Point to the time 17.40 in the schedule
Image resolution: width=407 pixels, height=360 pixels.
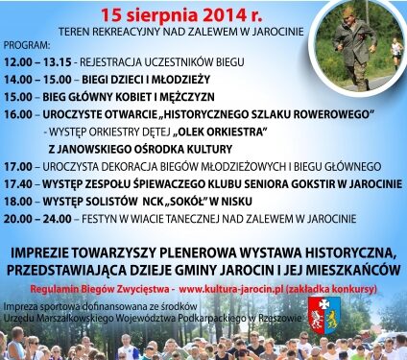(21, 180)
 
